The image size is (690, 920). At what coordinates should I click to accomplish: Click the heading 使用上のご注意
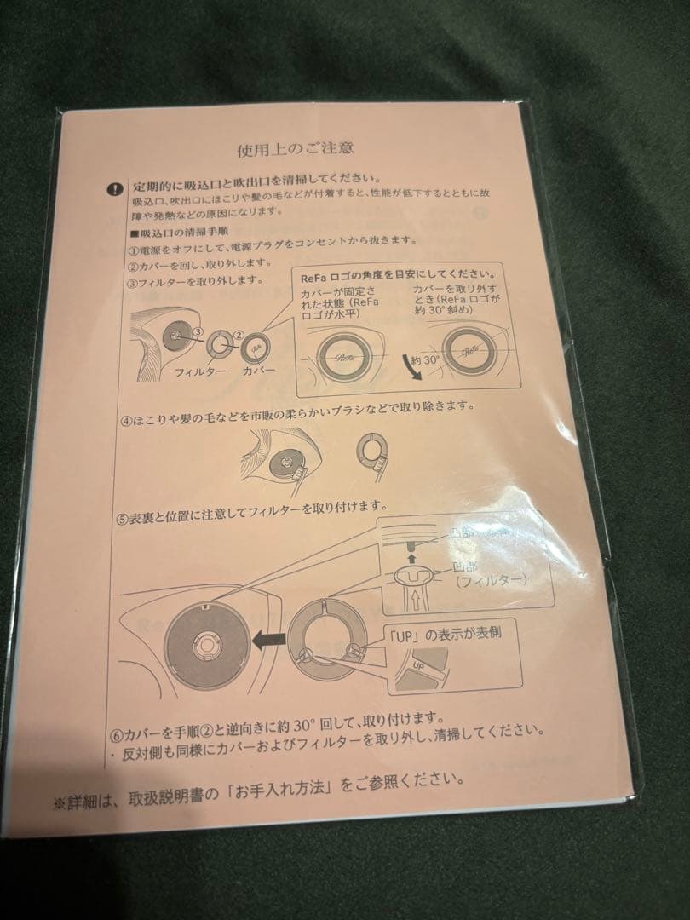[296, 148]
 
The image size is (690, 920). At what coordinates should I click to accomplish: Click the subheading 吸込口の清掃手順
[181, 232]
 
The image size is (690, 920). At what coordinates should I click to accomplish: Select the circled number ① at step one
[134, 250]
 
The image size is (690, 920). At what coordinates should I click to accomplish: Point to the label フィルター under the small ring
[200, 373]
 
